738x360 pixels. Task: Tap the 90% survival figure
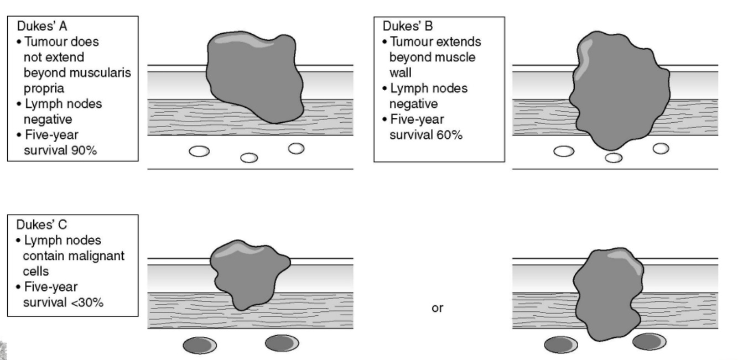85,149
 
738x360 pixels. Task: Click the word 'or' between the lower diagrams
437,308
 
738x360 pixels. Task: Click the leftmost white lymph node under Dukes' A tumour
199,152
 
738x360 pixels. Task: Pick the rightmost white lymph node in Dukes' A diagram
297,148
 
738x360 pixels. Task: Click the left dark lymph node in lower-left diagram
200,346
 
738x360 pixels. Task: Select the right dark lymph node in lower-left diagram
282,343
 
